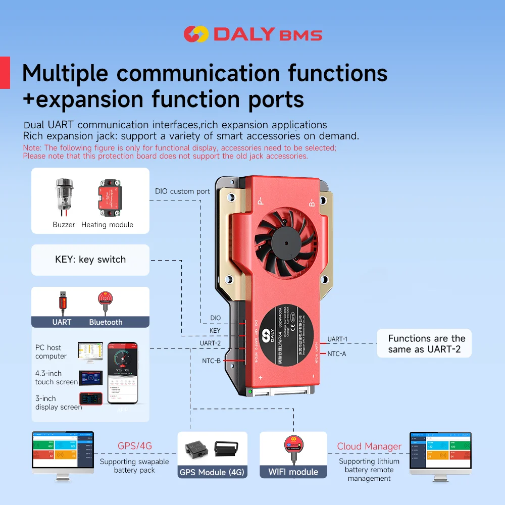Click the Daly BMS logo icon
[195, 34]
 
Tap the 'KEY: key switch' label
[90, 260]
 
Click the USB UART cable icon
[62, 303]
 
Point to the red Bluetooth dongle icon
[106, 302]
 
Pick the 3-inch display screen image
[90, 399]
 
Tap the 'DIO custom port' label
[182, 191]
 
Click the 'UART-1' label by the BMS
[337, 339]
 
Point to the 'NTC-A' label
[337, 354]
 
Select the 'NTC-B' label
[211, 360]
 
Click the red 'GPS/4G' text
[134, 446]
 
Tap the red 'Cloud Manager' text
[369, 446]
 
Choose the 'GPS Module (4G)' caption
[213, 473]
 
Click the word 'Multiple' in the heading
[65, 73]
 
